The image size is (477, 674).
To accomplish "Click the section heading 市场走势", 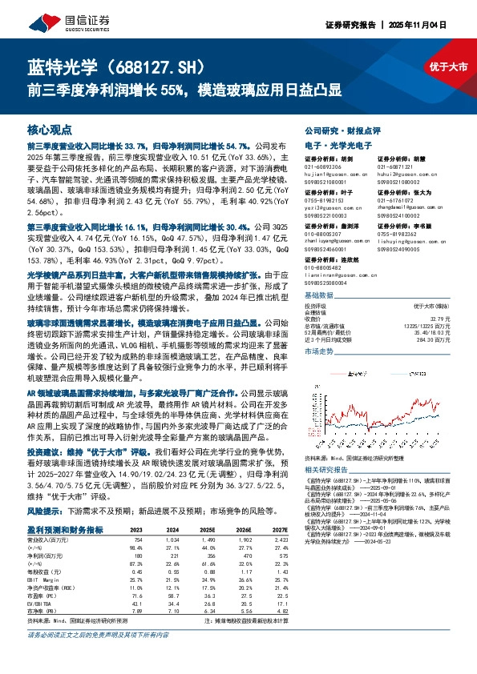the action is (x=320, y=351).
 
